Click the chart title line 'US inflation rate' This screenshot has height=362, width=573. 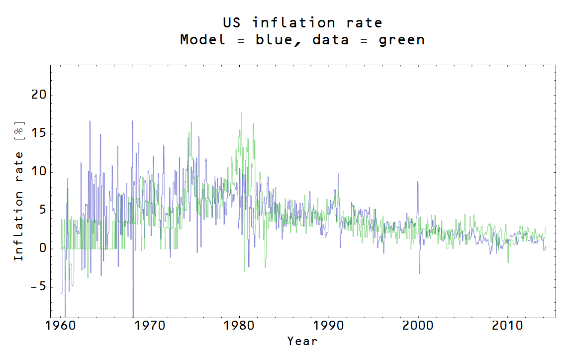302,23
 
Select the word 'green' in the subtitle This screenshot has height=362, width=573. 401,40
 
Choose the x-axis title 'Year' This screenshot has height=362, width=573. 302,341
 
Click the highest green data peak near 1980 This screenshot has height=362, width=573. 241,113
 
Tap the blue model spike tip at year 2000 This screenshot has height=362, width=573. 418,182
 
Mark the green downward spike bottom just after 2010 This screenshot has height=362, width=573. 508,262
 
